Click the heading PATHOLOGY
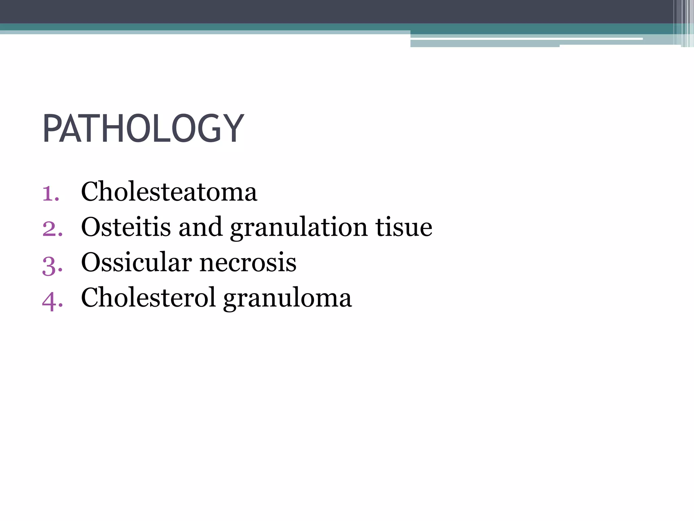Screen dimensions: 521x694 click(143, 129)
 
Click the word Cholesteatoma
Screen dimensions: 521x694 click(169, 192)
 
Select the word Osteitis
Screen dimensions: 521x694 click(126, 227)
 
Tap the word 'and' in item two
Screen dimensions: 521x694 click(200, 227)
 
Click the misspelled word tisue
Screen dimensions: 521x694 click(404, 227)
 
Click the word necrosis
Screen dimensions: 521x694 click(248, 263)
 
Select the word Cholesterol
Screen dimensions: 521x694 click(148, 297)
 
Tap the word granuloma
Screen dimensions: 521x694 click(288, 298)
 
